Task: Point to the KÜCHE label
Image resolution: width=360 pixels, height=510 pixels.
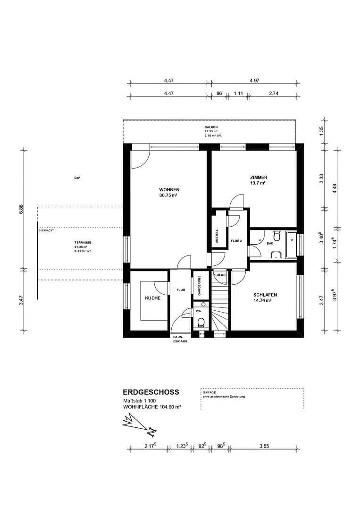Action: coord(152,298)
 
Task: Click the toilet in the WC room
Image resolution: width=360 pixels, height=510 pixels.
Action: coord(201,323)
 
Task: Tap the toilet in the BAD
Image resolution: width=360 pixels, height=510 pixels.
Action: coord(277,235)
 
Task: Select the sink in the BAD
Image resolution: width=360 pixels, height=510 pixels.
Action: coord(276,255)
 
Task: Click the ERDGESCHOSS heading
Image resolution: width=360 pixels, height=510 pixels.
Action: coord(151,392)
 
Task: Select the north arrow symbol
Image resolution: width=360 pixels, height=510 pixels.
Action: coord(139,423)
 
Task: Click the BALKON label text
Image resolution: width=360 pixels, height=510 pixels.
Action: coord(211,127)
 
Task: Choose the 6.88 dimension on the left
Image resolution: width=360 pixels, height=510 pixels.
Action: coord(21,209)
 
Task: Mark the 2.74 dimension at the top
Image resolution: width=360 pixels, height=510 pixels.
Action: coord(273,93)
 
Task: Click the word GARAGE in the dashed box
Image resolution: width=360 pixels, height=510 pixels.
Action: coord(209,392)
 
